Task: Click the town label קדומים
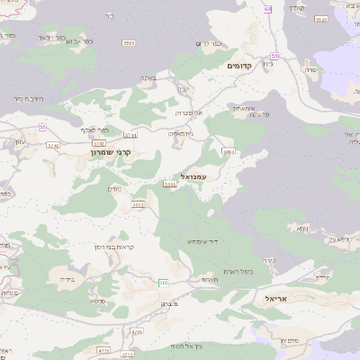point(245,67)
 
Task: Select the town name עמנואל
point(193,176)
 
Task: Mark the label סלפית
point(289,339)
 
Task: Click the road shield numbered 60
point(267,9)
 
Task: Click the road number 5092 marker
point(138,205)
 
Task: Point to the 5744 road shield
point(130,135)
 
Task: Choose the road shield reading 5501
point(130,42)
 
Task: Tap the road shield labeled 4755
point(103,350)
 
